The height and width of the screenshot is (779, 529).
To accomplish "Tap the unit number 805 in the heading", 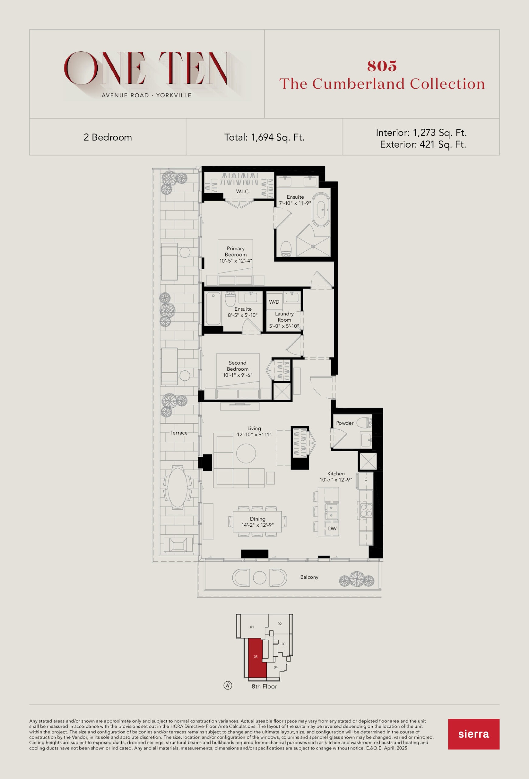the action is (382, 66).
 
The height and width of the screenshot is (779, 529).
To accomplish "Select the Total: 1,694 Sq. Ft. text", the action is (264, 138).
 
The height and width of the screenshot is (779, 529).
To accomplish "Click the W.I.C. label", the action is (243, 191).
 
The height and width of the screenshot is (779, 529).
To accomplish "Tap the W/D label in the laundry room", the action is (274, 302).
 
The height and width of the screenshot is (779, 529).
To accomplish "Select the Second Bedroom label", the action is (238, 366).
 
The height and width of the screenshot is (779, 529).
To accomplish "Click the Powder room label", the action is (345, 423).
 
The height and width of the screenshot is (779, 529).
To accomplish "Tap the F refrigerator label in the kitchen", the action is (366, 480).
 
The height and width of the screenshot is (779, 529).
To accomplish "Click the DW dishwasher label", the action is (332, 529).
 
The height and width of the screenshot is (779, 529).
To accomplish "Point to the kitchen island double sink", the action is (331, 512).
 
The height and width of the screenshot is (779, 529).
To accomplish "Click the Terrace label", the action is (179, 433).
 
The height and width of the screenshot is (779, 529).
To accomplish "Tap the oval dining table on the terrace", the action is (178, 487).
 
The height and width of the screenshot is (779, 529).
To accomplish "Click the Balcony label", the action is (309, 577).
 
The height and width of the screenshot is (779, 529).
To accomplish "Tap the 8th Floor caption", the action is (264, 686).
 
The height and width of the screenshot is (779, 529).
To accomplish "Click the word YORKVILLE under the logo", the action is (174, 95).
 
